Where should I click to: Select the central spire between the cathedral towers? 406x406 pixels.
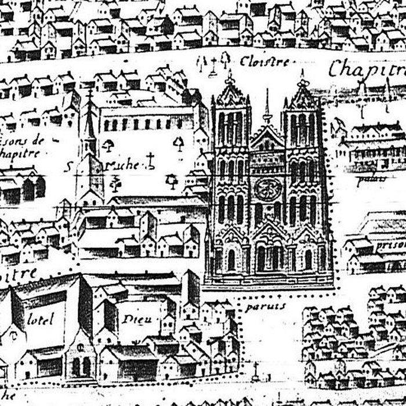click(x=267, y=107)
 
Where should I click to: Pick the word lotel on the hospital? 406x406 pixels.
click(x=40, y=318)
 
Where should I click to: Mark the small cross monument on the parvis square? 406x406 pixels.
click(x=255, y=368)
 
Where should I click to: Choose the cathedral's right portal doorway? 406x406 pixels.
click(x=308, y=259)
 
